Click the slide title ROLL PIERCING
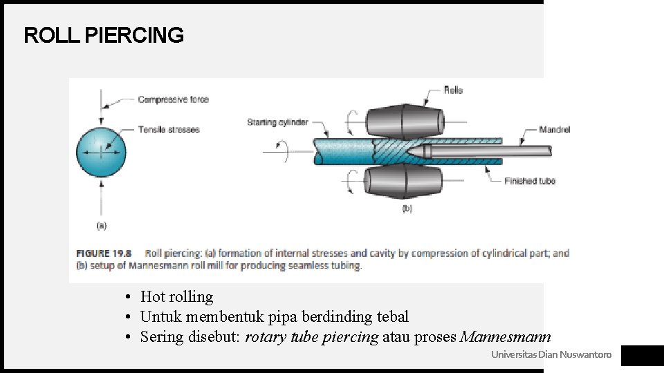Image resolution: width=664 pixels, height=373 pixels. pyautogui.click(x=104, y=35)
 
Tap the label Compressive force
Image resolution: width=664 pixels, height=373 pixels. pyautogui.click(x=173, y=99)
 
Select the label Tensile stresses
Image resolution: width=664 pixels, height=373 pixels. pyautogui.click(x=168, y=129)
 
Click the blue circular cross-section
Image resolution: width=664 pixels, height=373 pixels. pyautogui.click(x=102, y=153)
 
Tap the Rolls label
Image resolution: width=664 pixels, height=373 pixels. pyautogui.click(x=453, y=90)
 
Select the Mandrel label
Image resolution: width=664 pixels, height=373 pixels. pyautogui.click(x=555, y=129)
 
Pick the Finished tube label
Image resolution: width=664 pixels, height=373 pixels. pyautogui.click(x=530, y=181)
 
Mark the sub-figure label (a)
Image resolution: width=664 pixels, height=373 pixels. pyautogui.click(x=102, y=224)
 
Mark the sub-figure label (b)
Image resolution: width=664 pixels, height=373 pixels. pyautogui.click(x=407, y=208)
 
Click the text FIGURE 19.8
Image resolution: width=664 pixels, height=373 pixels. pyautogui.click(x=104, y=254)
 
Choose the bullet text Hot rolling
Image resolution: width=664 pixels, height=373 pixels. pyautogui.click(x=176, y=297)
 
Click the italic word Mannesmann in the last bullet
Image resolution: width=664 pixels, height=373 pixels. pyautogui.click(x=505, y=337)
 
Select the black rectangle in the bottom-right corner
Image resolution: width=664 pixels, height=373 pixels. pyautogui.click(x=642, y=356)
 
